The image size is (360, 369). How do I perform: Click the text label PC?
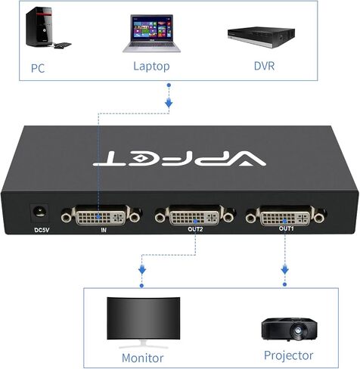[x=38, y=68]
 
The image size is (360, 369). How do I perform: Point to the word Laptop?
[x=151, y=66]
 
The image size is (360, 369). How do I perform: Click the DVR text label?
[x=264, y=66]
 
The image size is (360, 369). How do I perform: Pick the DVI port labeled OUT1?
[x=285, y=218]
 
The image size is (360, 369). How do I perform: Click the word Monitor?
[x=143, y=357]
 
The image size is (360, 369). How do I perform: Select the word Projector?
[x=289, y=355]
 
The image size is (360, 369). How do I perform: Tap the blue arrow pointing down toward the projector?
[x=286, y=268]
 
